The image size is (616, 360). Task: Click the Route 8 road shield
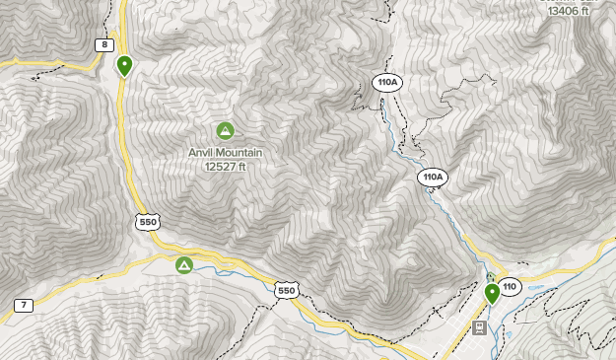point(103,44)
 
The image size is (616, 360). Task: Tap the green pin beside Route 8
point(124,65)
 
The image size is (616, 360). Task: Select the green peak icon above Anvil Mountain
point(225,130)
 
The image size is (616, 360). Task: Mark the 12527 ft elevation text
point(225,167)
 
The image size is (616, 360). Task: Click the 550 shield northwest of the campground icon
point(148,222)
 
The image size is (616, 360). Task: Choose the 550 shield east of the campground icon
point(286,290)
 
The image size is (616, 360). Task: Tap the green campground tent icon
point(183,265)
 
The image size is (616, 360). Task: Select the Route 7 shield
point(24,305)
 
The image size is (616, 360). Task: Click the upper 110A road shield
point(386,81)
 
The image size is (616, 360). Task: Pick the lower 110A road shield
point(432,178)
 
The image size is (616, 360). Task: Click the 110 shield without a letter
point(510,287)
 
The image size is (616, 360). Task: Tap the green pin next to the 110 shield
point(492,293)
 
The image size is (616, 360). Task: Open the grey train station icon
point(478,327)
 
